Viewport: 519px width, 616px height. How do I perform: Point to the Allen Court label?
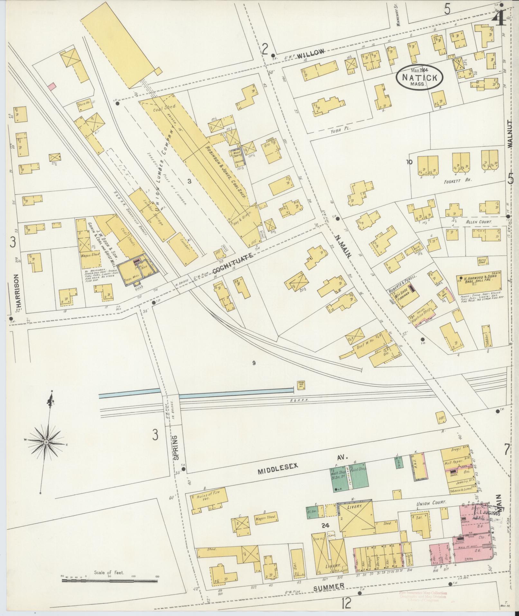coord(479,222)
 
